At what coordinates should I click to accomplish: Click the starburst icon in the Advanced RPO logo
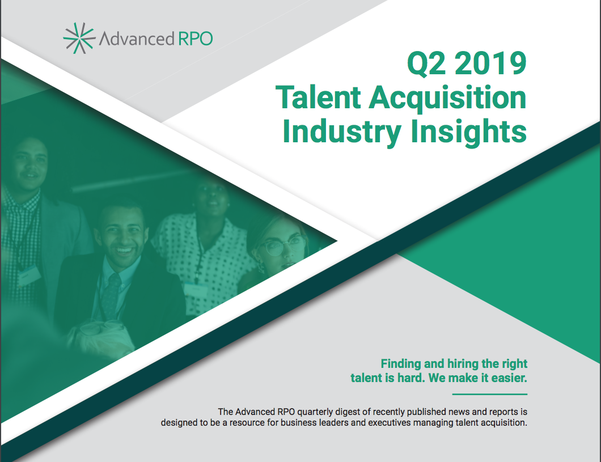point(79,38)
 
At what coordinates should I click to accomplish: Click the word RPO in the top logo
point(196,39)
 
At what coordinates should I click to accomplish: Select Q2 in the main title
point(426,63)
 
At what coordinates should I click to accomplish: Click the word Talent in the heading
point(318,98)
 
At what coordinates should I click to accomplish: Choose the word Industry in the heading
point(342,133)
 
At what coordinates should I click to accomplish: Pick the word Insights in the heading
point(468,133)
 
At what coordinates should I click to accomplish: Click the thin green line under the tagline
point(490,394)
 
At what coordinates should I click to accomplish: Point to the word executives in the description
point(388,423)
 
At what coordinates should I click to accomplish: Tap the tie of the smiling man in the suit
point(111,294)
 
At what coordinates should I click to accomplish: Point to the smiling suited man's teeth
point(124,251)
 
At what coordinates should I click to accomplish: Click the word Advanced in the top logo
point(137,39)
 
